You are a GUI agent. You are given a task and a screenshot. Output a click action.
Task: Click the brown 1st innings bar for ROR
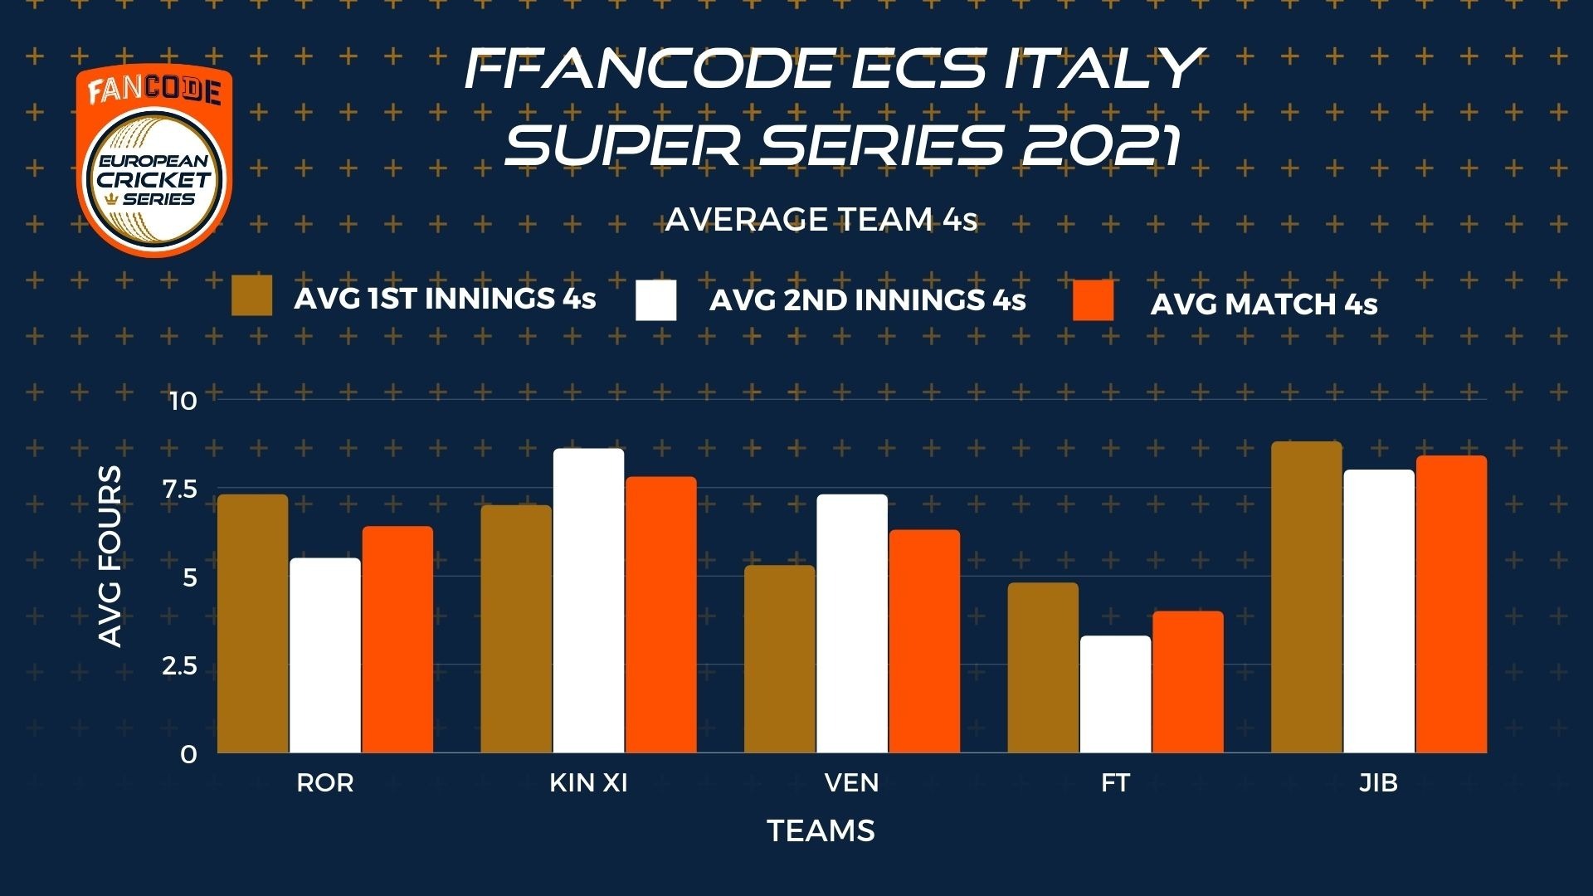pyautogui.click(x=253, y=624)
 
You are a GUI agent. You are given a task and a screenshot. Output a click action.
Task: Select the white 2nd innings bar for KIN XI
pyautogui.click(x=589, y=601)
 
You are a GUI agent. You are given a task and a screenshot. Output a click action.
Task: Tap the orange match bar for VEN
pyautogui.click(x=924, y=641)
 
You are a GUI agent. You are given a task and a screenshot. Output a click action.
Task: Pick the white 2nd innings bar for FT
pyautogui.click(x=1116, y=694)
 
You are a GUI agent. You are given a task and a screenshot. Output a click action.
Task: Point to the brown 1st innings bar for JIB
pyautogui.click(x=1307, y=597)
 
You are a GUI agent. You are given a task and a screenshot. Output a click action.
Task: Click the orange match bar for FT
pyautogui.click(x=1188, y=682)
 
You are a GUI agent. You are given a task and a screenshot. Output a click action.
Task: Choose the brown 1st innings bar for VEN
pyautogui.click(x=780, y=659)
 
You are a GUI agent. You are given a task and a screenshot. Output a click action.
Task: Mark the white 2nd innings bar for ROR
pyautogui.click(x=325, y=655)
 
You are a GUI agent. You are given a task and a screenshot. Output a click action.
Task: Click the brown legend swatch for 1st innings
pyautogui.click(x=252, y=296)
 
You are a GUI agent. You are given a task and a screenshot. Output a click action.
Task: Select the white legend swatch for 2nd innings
pyautogui.click(x=656, y=300)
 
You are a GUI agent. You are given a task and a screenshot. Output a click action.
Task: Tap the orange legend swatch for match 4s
pyautogui.click(x=1094, y=300)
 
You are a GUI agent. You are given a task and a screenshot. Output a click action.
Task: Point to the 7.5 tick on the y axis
pyautogui.click(x=180, y=489)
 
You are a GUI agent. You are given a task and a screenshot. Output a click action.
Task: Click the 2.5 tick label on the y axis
pyautogui.click(x=180, y=666)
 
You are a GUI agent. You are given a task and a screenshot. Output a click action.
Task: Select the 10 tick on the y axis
pyautogui.click(x=183, y=401)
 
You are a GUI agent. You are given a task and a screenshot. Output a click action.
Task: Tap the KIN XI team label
pyautogui.click(x=589, y=782)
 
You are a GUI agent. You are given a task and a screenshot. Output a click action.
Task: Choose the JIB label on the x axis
pyautogui.click(x=1379, y=782)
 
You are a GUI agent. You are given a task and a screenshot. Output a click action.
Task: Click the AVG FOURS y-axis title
pyautogui.click(x=110, y=556)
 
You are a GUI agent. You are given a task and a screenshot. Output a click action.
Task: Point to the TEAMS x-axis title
pyautogui.click(x=821, y=830)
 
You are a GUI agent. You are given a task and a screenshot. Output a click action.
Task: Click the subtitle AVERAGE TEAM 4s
pyautogui.click(x=821, y=220)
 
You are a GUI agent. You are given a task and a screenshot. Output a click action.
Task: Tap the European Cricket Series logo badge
pyautogui.click(x=154, y=162)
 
